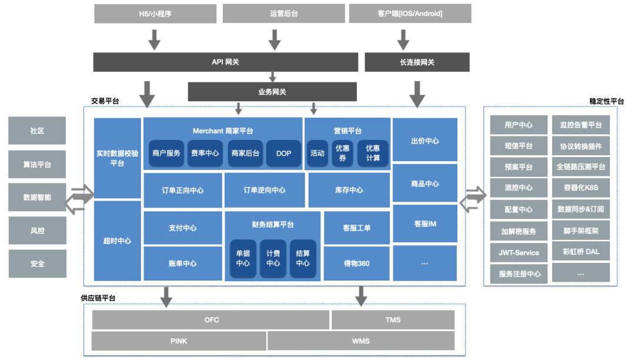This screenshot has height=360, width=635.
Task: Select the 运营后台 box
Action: click(x=283, y=14)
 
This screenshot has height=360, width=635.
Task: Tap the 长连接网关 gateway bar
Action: click(x=417, y=62)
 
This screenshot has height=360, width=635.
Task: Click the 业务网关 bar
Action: click(x=272, y=92)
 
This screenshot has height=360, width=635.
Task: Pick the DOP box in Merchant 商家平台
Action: click(x=283, y=153)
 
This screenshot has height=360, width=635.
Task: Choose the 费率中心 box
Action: click(x=205, y=153)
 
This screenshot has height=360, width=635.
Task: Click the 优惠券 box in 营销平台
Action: click(x=342, y=153)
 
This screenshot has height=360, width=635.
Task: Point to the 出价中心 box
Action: click(x=425, y=141)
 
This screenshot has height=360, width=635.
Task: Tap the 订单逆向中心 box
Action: click(x=265, y=190)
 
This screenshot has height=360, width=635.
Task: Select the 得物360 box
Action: click(x=357, y=263)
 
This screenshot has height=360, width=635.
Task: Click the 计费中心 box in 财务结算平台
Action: click(x=273, y=259)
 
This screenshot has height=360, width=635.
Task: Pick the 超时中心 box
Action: click(x=117, y=241)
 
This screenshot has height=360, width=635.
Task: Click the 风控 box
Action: click(x=37, y=231)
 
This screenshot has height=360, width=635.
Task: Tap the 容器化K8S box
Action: click(x=581, y=188)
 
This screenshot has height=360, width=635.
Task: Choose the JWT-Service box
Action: click(x=519, y=252)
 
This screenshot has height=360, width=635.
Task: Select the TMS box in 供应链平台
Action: click(x=393, y=320)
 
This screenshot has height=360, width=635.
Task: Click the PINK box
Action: click(x=179, y=341)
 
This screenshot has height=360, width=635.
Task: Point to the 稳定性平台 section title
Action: click(x=606, y=101)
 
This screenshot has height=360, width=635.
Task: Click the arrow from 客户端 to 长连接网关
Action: click(x=403, y=39)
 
